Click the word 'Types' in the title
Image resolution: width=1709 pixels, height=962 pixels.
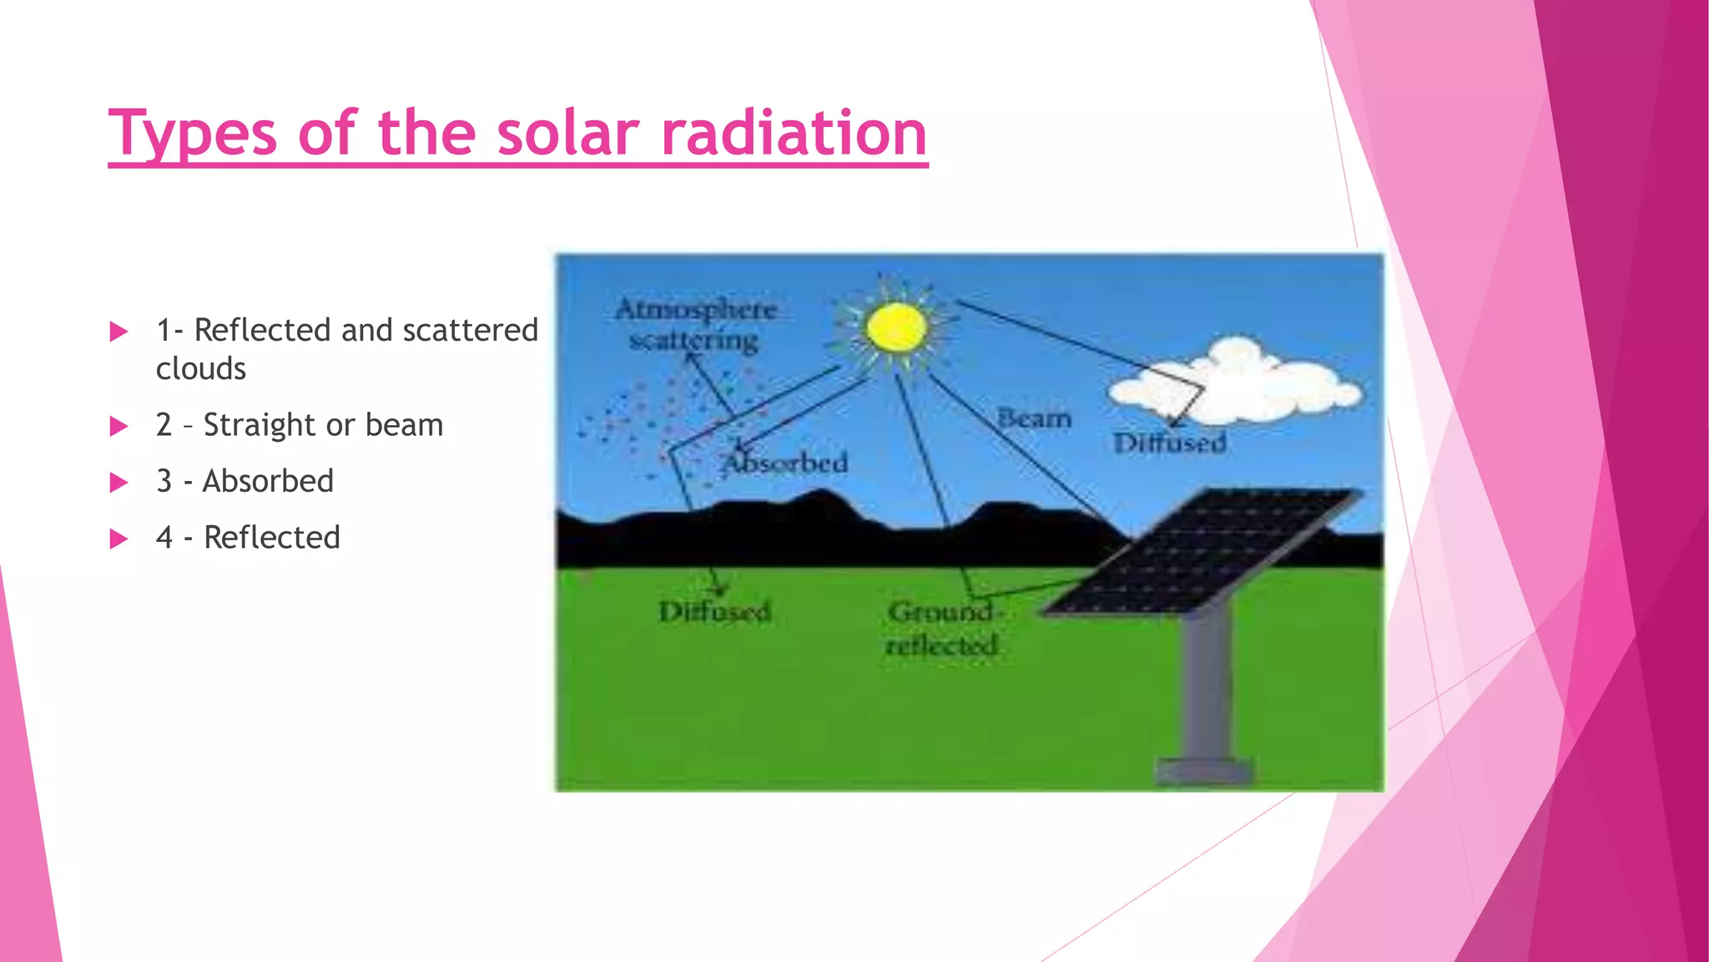[192, 134]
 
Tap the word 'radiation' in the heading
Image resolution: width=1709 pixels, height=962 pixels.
[794, 134]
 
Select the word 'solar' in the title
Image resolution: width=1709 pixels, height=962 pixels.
[568, 134]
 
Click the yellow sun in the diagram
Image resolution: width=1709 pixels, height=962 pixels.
[896, 327]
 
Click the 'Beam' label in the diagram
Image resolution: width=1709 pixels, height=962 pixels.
[1034, 418]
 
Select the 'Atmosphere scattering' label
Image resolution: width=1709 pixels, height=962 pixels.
[695, 325]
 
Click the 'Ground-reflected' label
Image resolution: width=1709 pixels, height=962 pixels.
[942, 628]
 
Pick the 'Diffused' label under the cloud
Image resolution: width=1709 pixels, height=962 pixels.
[1170, 443]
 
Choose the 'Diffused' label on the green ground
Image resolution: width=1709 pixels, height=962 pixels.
[714, 612]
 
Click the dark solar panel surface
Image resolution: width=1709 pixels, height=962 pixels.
[1202, 551]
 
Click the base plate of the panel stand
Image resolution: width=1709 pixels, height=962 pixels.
[1203, 772]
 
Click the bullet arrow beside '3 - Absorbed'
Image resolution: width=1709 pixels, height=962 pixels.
[119, 483]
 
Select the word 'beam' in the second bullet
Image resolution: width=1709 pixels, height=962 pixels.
[404, 425]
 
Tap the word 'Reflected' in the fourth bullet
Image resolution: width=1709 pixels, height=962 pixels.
[272, 538]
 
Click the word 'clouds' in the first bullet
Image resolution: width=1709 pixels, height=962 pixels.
[201, 369]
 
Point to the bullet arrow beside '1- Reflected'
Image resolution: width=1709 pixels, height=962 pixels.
[119, 332]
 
